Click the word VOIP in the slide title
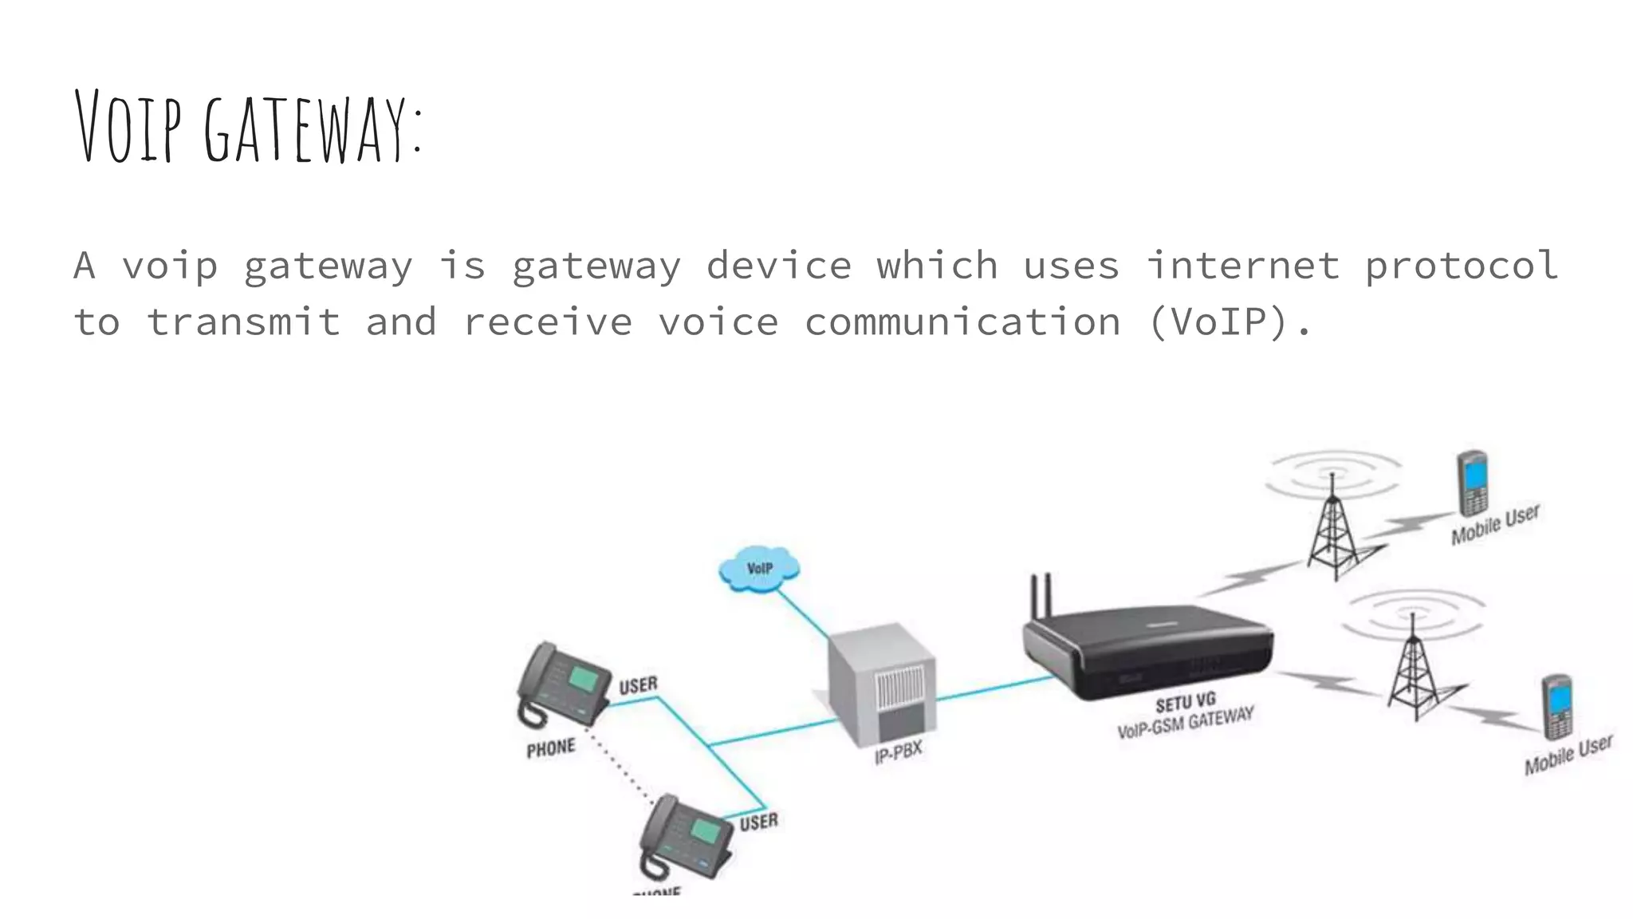click(128, 128)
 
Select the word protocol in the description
click(1461, 266)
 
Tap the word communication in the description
click(962, 322)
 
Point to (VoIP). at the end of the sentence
click(1229, 322)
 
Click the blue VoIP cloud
click(759, 569)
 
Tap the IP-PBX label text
click(898, 751)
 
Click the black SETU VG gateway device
click(1148, 650)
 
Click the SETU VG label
click(1185, 703)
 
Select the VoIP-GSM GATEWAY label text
click(1185, 723)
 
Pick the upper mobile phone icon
click(1472, 483)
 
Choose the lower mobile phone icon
click(1557, 707)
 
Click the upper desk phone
click(561, 684)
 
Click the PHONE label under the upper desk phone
click(550, 748)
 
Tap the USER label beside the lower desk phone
click(758, 822)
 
